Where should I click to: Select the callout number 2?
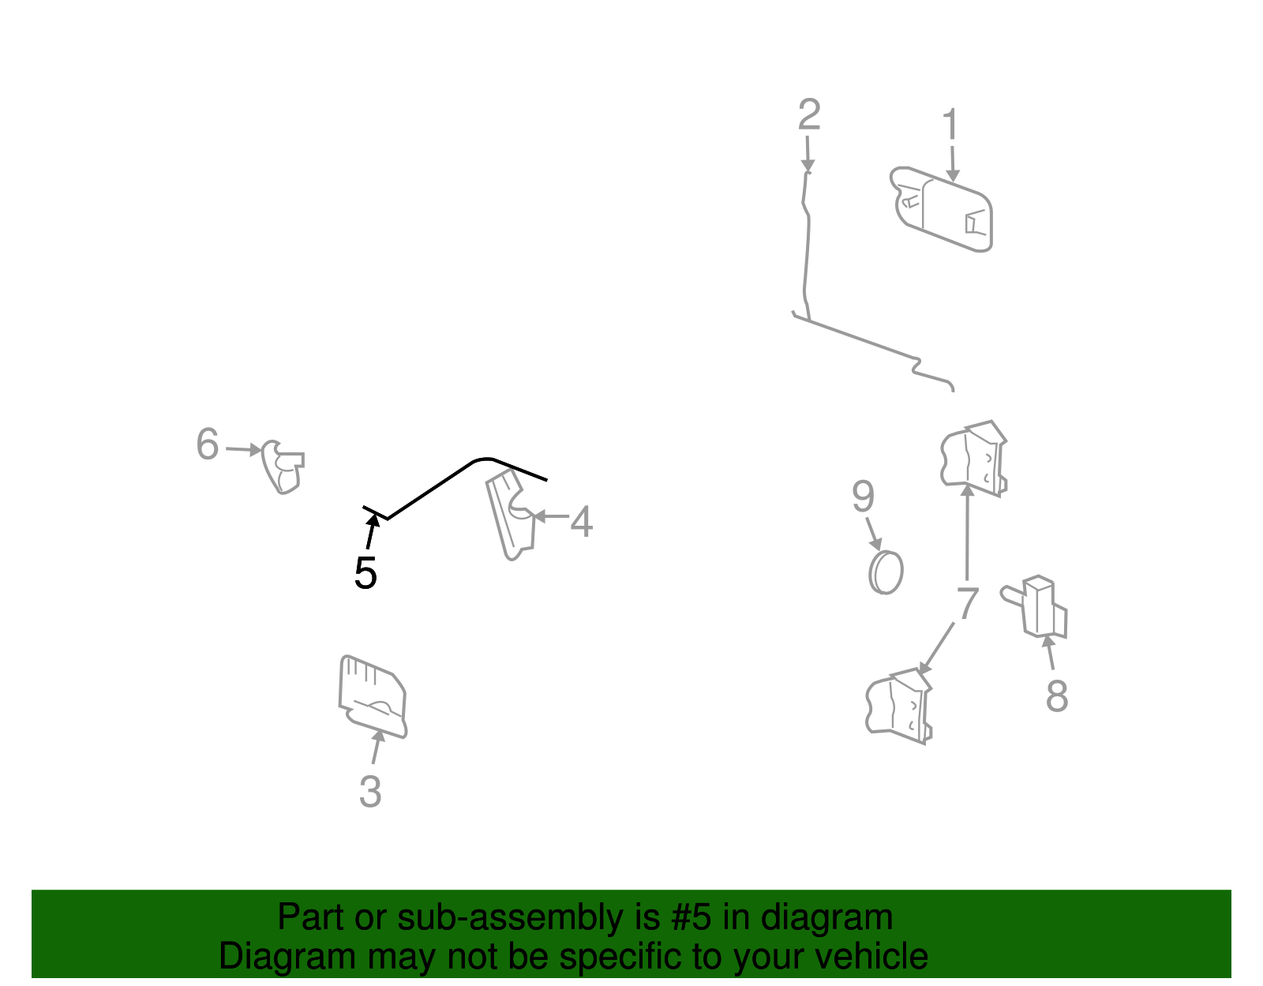tap(809, 114)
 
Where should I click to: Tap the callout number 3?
tap(370, 791)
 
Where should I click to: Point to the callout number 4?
tap(581, 521)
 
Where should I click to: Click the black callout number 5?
tap(365, 573)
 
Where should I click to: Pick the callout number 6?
tap(208, 444)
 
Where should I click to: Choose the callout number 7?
tap(967, 602)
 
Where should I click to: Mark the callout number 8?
tap(1057, 695)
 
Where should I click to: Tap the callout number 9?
tap(863, 497)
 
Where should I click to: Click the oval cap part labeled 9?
tap(886, 573)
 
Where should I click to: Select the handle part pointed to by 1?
tap(941, 209)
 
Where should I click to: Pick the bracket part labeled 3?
tap(373, 696)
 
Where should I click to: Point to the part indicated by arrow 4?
tap(511, 515)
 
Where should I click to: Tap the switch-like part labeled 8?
tap(1035, 606)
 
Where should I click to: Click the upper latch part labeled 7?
tap(973, 459)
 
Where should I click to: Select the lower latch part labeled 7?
tap(898, 706)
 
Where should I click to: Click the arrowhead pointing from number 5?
tap(373, 520)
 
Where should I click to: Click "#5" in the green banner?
tap(691, 917)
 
